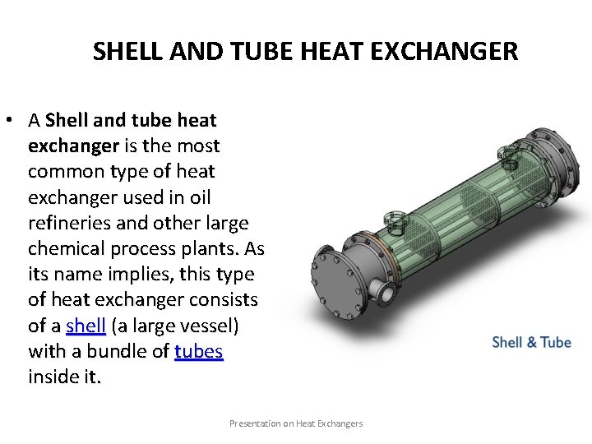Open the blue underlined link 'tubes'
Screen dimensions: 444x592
pos(199,352)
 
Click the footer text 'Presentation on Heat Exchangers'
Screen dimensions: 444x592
pos(295,423)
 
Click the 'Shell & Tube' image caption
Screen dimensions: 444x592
pos(531,341)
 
